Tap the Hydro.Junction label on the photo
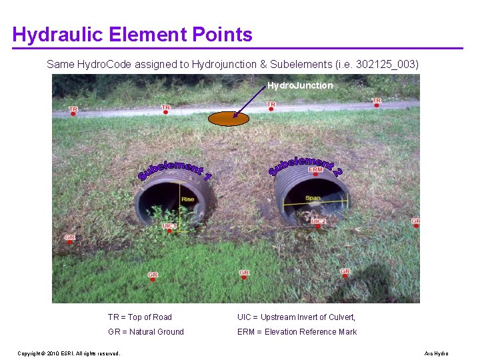click(x=300, y=85)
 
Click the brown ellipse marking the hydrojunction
click(x=229, y=119)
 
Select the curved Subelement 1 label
click(x=175, y=171)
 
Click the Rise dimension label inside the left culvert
click(x=188, y=199)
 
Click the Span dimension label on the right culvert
click(x=313, y=198)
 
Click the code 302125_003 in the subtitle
click(x=386, y=65)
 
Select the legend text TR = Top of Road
click(x=140, y=317)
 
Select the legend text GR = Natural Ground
click(x=146, y=332)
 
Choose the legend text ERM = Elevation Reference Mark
click(x=297, y=332)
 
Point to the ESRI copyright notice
click(x=69, y=353)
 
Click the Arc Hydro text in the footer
click(x=436, y=353)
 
